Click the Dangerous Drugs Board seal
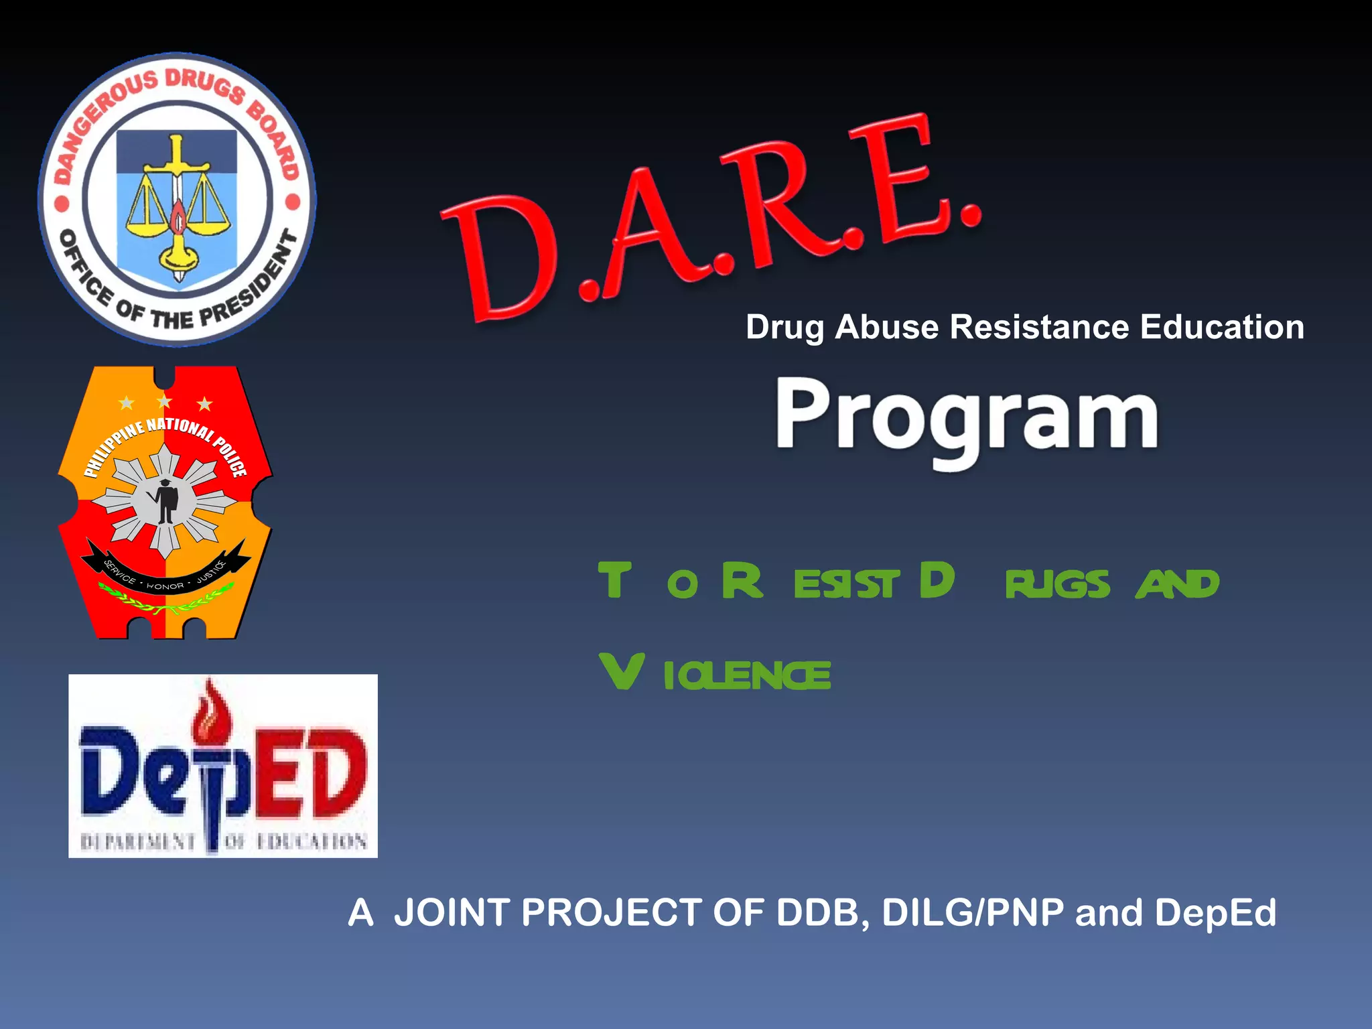(177, 200)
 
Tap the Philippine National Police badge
(165, 502)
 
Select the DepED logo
(223, 766)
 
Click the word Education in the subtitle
(1222, 328)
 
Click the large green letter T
(614, 580)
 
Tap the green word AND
(1177, 584)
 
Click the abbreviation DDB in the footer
(817, 912)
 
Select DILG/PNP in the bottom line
(973, 912)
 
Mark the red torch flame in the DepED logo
(210, 709)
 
